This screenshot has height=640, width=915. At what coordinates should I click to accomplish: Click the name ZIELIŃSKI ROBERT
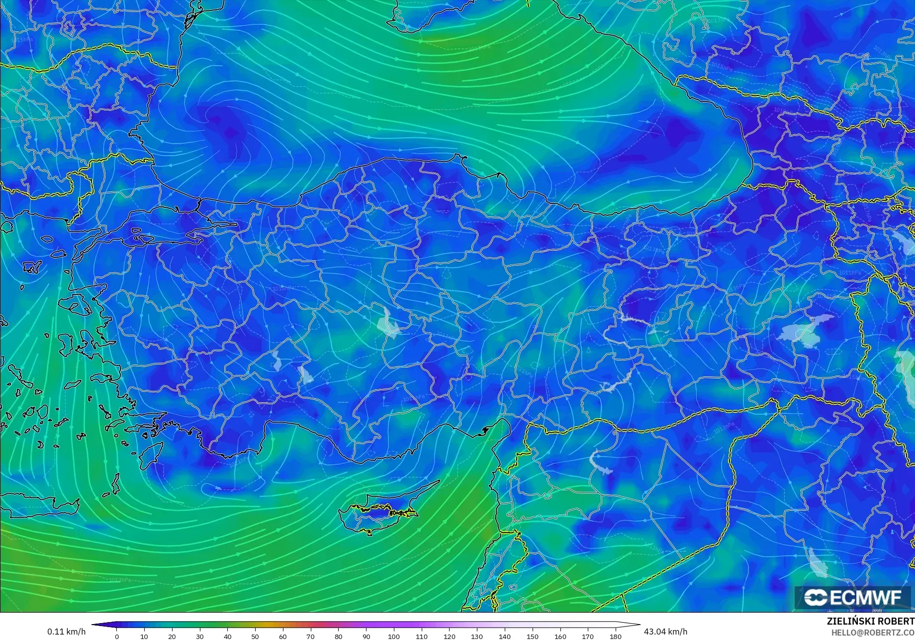[x=870, y=622]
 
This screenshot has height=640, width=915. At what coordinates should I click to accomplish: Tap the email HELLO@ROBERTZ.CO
[x=873, y=633]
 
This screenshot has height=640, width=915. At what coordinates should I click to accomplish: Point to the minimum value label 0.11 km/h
[x=66, y=632]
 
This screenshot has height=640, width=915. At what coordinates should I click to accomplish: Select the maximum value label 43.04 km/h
[x=665, y=632]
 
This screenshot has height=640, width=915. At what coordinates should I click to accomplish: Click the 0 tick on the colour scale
[x=117, y=636]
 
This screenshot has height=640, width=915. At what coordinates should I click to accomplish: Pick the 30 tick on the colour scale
[x=200, y=636]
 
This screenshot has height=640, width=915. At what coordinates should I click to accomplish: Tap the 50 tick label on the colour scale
[x=255, y=636]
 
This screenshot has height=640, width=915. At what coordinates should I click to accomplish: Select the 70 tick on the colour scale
[x=310, y=636]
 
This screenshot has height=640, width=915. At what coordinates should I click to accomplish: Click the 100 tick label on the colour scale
[x=394, y=636]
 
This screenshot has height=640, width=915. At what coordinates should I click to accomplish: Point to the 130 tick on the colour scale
[x=477, y=636]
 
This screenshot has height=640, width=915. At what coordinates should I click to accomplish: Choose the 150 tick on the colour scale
[x=532, y=636]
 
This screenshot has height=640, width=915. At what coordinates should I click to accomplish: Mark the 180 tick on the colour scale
[x=616, y=636]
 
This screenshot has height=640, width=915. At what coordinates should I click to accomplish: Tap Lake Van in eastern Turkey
[x=806, y=331]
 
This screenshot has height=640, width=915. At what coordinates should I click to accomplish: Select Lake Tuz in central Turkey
[x=389, y=323]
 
